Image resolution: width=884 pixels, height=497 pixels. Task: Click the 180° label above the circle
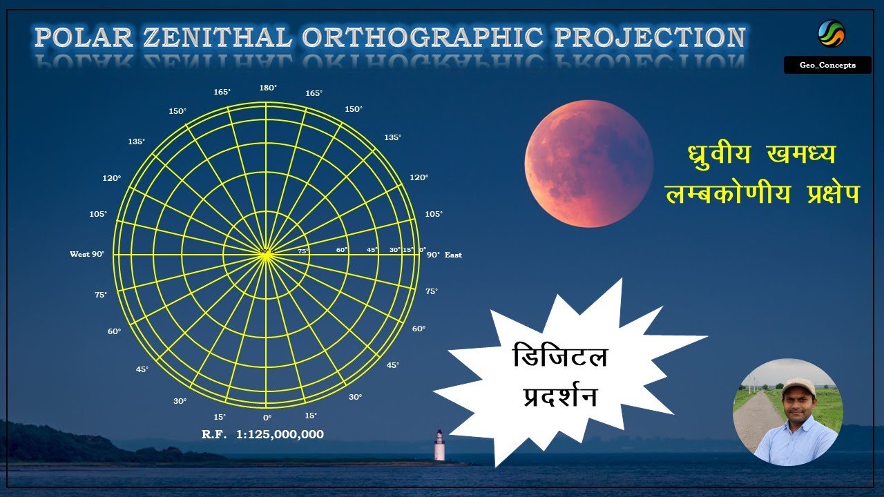(x=267, y=88)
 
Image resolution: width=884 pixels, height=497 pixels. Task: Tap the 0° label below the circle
(x=267, y=418)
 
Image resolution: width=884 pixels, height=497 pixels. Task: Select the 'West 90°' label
(x=87, y=254)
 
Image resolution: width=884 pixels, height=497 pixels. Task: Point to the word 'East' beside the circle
(x=453, y=255)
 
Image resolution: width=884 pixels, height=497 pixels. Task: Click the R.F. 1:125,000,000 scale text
(x=262, y=435)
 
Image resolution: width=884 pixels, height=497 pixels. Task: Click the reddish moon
(x=588, y=163)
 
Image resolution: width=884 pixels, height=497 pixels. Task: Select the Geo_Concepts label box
(x=827, y=65)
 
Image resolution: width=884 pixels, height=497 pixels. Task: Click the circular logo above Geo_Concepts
(x=831, y=33)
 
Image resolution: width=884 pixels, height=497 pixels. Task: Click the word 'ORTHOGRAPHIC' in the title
(x=423, y=37)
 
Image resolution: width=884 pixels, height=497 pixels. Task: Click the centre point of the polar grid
(x=266, y=254)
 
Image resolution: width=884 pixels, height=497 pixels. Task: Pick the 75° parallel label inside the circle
(x=303, y=251)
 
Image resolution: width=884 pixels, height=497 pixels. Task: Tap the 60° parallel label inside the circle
(x=342, y=250)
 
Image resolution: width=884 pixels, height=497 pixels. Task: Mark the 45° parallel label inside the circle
(x=372, y=250)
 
